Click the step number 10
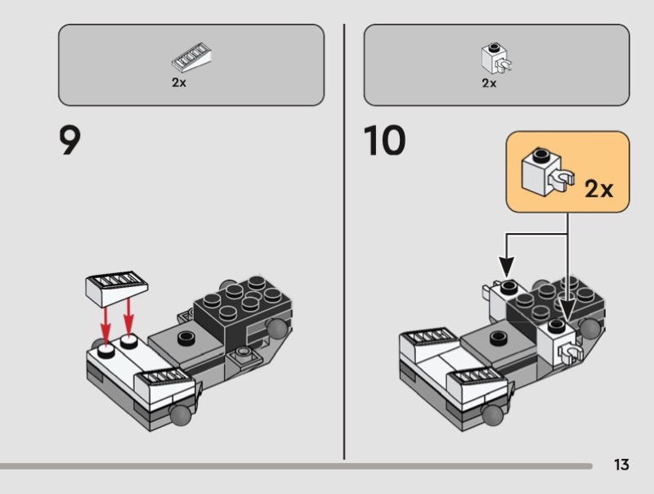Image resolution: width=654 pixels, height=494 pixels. (x=384, y=141)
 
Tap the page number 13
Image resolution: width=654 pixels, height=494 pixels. (x=621, y=465)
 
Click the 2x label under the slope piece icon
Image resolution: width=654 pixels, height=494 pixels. (x=179, y=83)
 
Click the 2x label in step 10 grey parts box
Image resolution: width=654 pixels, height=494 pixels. (x=489, y=83)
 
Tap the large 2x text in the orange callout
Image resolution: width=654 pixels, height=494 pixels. (x=598, y=190)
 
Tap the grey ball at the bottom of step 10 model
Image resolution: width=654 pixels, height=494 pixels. (x=494, y=415)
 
